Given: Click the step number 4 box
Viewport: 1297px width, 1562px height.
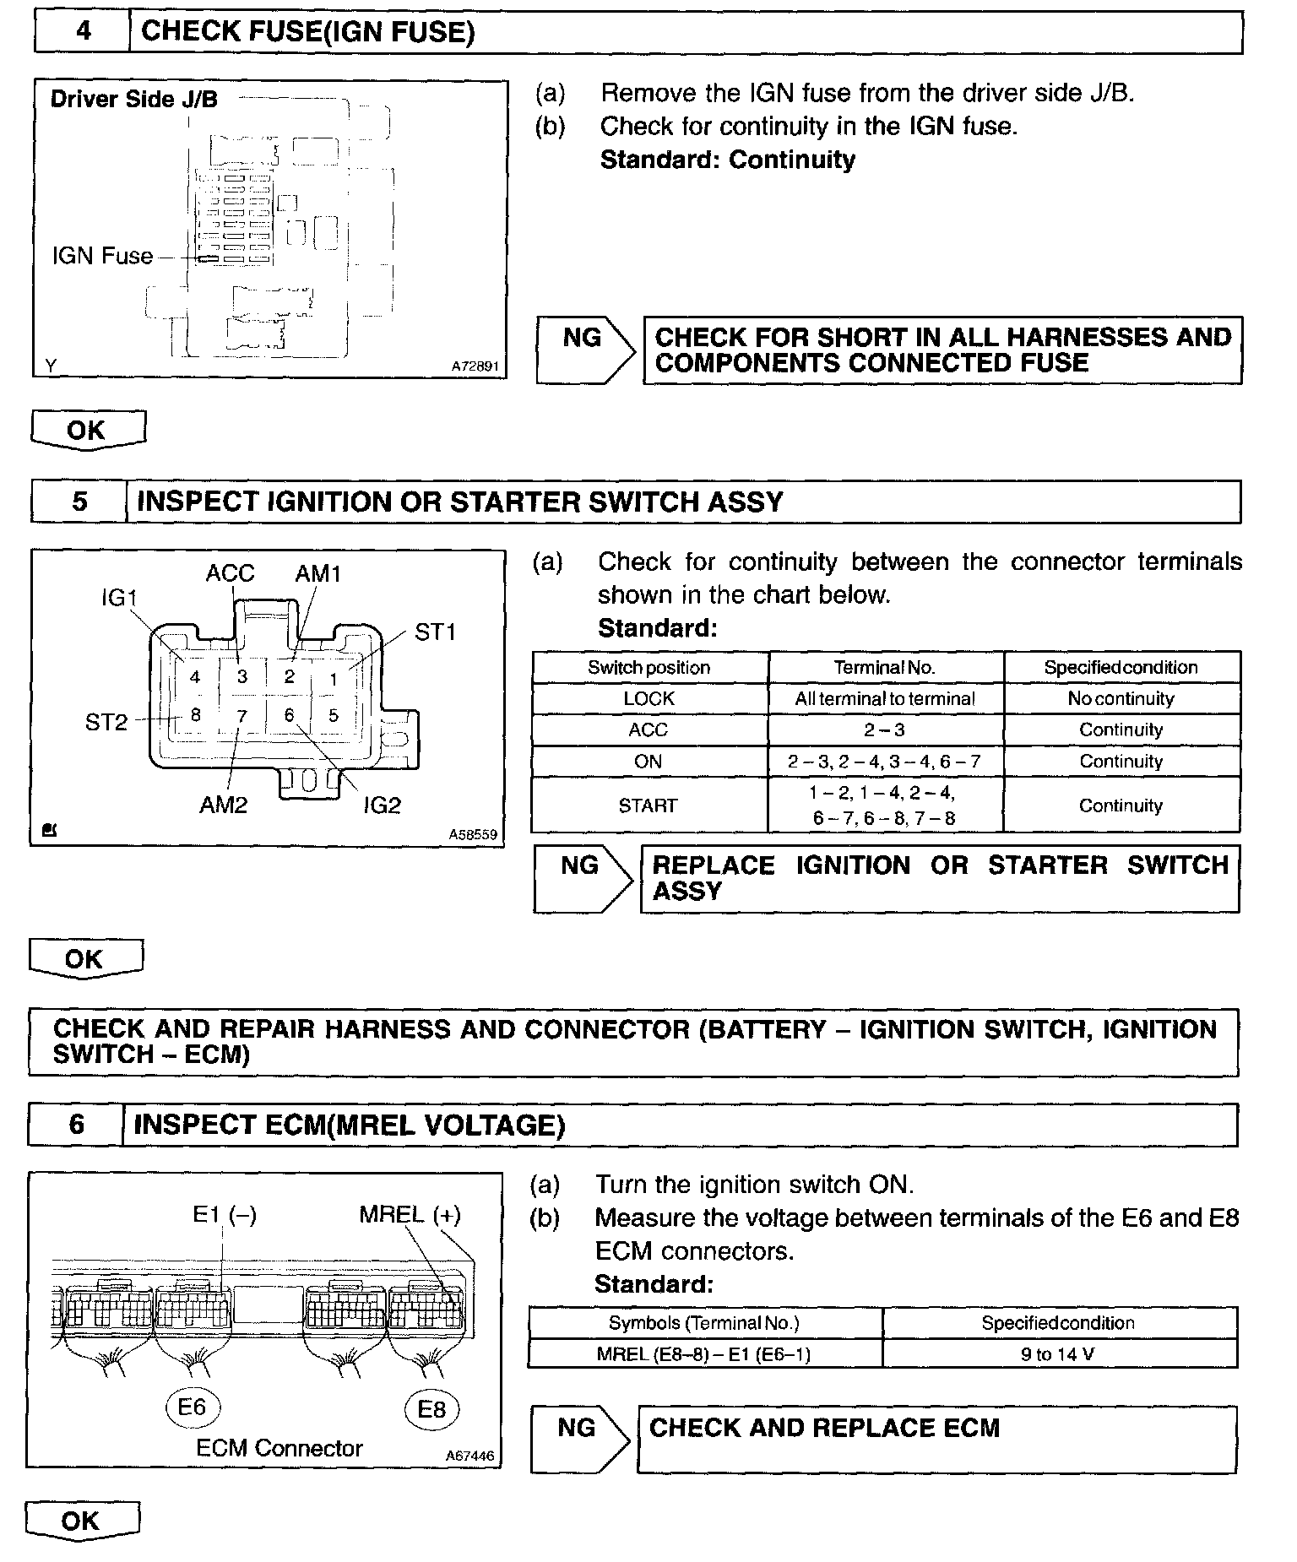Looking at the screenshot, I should pyautogui.click(x=82, y=32).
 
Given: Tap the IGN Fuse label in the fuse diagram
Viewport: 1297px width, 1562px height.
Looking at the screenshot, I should pyautogui.click(x=102, y=256).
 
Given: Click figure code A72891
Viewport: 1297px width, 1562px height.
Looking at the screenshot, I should pyautogui.click(x=475, y=367).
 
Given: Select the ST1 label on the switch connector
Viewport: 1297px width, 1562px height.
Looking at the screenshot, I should pyautogui.click(x=436, y=632).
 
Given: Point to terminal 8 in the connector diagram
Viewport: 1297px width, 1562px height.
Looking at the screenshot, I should pyautogui.click(x=195, y=715).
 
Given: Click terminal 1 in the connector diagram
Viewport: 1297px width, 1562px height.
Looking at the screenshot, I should pyautogui.click(x=334, y=678).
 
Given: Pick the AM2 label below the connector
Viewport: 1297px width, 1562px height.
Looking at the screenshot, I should pyautogui.click(x=223, y=805).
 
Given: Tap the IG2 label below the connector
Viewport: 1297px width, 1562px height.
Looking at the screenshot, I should pyautogui.click(x=382, y=805).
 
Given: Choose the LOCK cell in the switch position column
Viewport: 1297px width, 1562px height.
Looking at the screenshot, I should pyautogui.click(x=648, y=698).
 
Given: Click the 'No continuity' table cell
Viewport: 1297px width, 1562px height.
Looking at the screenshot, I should pyautogui.click(x=1121, y=698).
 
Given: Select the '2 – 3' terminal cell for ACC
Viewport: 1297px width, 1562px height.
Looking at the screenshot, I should pyautogui.click(x=884, y=729).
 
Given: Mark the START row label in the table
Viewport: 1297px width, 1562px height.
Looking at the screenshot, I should pyautogui.click(x=648, y=805).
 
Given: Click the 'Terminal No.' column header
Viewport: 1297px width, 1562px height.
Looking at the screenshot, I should pyautogui.click(x=884, y=667).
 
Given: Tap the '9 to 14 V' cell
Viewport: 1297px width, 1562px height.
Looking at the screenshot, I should pyautogui.click(x=1057, y=1354).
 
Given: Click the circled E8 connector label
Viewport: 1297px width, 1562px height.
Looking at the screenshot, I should pyautogui.click(x=431, y=1408).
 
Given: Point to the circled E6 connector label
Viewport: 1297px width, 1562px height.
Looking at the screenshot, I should pyautogui.click(x=192, y=1407).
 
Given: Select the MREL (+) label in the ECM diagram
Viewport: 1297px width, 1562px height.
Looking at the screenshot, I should pyautogui.click(x=410, y=1215).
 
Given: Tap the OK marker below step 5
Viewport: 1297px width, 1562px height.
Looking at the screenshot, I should pyautogui.click(x=84, y=959).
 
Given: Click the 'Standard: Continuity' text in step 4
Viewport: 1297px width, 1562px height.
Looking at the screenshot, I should pyautogui.click(x=727, y=160).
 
